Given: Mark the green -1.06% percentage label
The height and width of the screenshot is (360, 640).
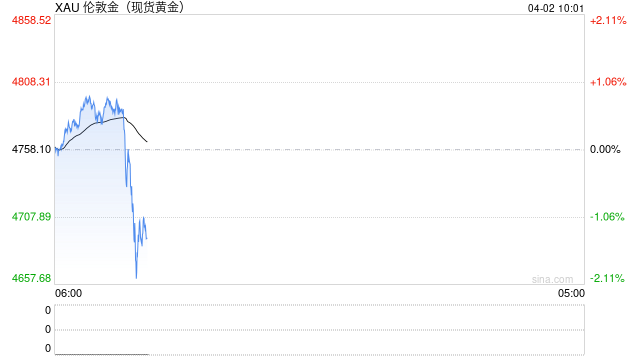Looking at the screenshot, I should (607, 216).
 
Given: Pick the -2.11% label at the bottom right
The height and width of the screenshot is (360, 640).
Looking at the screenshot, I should (607, 278).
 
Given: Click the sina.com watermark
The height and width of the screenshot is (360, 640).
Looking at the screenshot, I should (552, 279).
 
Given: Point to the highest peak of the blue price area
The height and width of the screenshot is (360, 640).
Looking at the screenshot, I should (88, 96).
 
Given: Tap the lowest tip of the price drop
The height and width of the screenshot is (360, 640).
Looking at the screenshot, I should (136, 276).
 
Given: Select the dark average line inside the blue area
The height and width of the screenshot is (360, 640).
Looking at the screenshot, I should (100, 123).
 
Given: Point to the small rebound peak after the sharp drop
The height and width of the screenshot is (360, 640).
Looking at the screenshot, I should (142, 217).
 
